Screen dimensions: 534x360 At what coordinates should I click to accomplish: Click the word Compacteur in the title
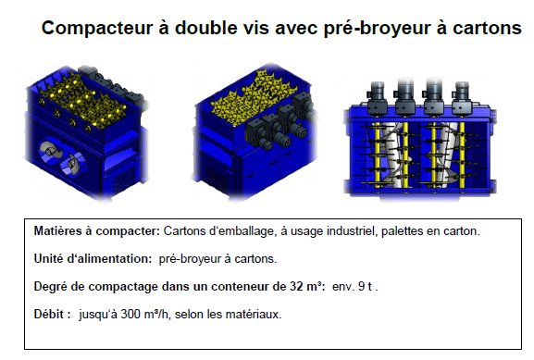[x=97, y=28]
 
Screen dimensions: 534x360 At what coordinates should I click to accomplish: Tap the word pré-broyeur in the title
[x=377, y=29]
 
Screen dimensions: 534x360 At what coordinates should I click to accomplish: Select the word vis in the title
[x=256, y=28]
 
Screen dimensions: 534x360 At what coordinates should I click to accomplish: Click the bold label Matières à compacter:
[x=97, y=231]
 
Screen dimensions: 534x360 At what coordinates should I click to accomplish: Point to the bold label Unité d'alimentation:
[x=93, y=259]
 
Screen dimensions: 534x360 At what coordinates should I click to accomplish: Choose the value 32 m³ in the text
[x=306, y=287]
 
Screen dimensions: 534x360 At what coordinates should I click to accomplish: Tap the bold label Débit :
[x=53, y=314]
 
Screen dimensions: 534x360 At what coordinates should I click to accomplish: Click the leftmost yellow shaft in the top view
[x=377, y=155]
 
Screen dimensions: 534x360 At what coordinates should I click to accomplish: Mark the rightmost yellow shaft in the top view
[x=462, y=155]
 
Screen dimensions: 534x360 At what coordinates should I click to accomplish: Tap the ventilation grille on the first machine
[x=123, y=180]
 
